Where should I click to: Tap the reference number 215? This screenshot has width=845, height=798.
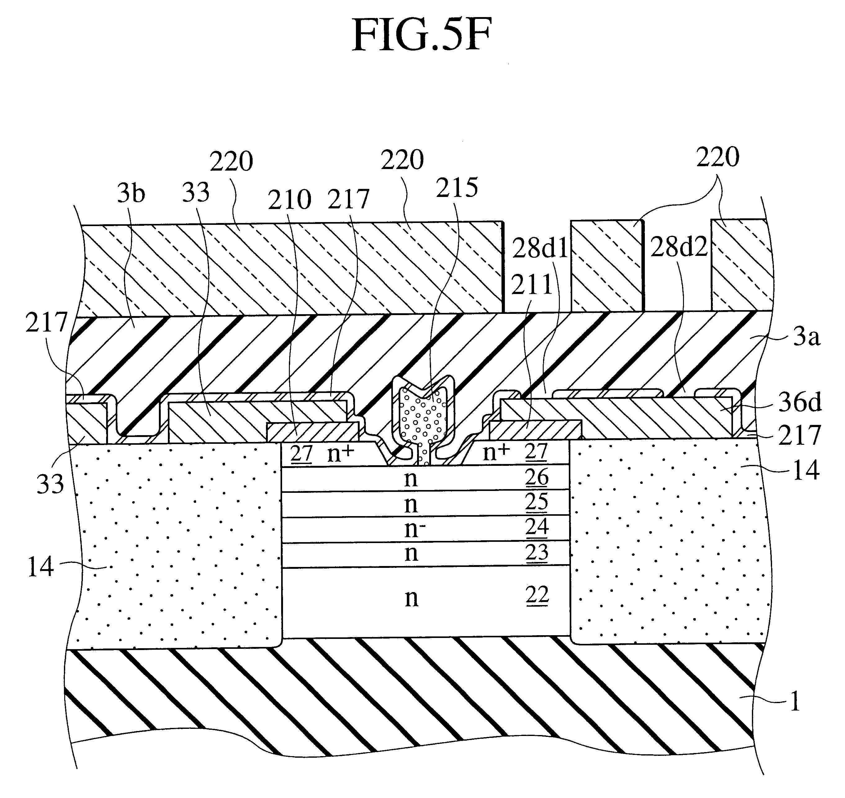coord(457,188)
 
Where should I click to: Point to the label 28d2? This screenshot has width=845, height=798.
coord(679,247)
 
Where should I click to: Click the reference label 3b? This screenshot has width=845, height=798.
coord(131,194)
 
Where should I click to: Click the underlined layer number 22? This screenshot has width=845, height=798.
coord(537,595)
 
